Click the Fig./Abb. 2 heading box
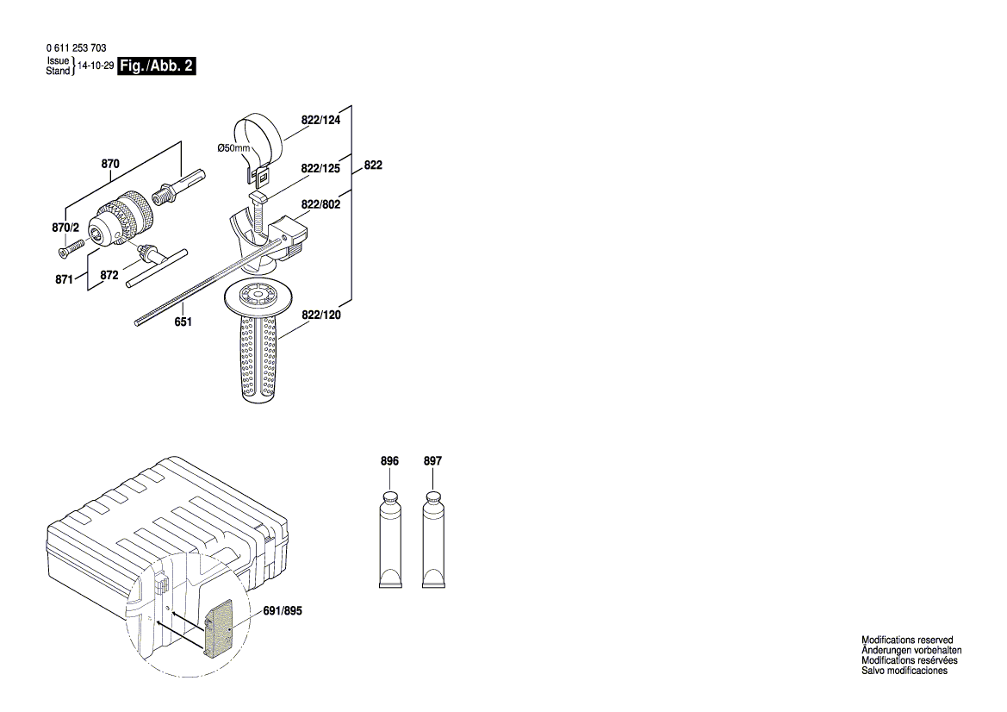(x=156, y=66)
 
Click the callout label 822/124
(x=320, y=121)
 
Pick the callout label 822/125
(x=320, y=170)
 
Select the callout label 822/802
(x=320, y=205)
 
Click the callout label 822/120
(x=320, y=315)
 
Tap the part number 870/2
(x=65, y=228)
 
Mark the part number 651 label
(x=183, y=322)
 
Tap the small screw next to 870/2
(x=69, y=248)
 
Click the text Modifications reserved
(x=907, y=640)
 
